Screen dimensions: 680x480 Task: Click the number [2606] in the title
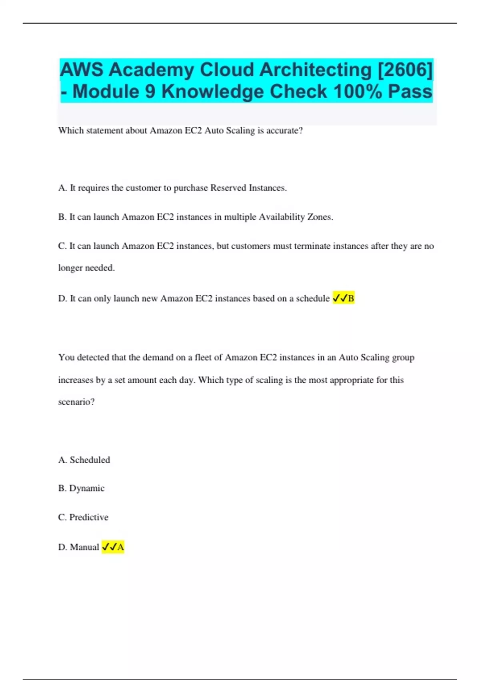pos(405,70)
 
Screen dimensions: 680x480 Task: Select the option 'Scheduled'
pos(90,460)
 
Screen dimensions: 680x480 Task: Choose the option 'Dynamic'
pos(86,488)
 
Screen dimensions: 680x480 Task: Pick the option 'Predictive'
pos(88,517)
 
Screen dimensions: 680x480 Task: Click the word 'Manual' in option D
pos(84,547)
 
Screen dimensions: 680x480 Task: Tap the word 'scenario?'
pos(76,402)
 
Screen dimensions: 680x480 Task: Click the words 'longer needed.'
pos(86,268)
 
